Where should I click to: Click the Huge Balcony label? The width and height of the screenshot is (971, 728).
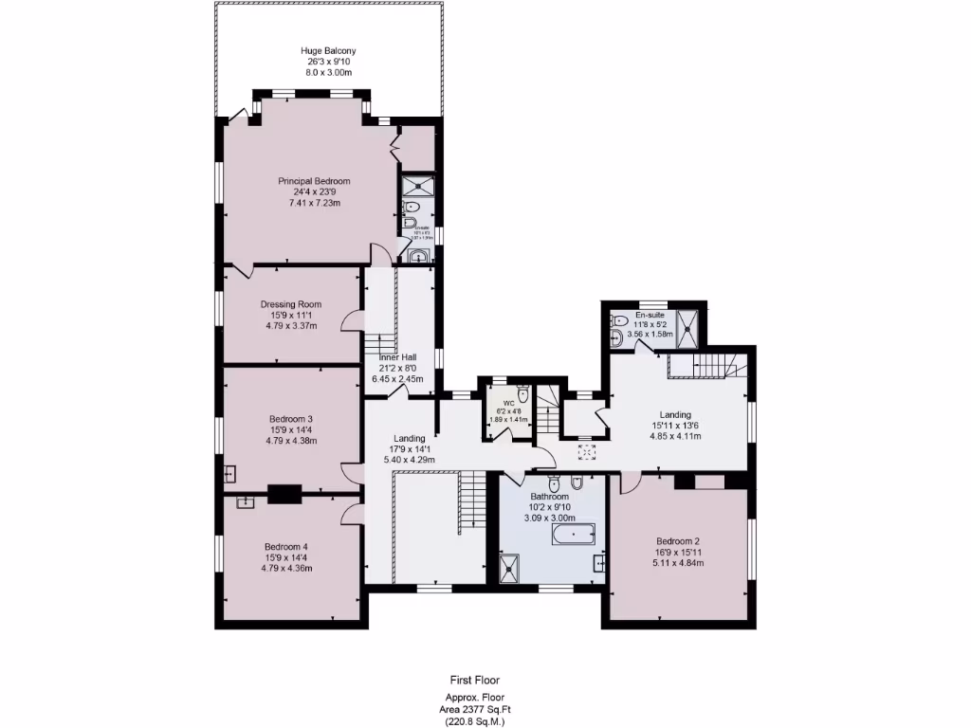pos(328,50)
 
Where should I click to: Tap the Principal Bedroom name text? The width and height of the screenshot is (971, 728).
pos(314,181)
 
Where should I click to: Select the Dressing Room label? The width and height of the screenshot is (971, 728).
pos(291,304)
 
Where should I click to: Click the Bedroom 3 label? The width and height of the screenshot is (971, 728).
pos(291,419)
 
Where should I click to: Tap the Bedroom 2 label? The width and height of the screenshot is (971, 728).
pos(678,541)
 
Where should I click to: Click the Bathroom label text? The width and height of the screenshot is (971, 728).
pos(549,497)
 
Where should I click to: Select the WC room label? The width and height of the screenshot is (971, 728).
pos(508,403)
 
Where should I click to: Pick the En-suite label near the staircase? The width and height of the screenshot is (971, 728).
pos(650,315)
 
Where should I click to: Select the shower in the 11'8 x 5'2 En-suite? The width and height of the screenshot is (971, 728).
pos(696,326)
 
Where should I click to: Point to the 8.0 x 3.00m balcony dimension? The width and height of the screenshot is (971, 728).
pos(328,72)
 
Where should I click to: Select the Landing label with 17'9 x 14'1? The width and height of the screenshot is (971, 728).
pos(410,438)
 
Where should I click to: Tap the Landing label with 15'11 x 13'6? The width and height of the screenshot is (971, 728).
pos(675,414)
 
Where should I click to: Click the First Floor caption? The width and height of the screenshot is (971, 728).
pos(475,680)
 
